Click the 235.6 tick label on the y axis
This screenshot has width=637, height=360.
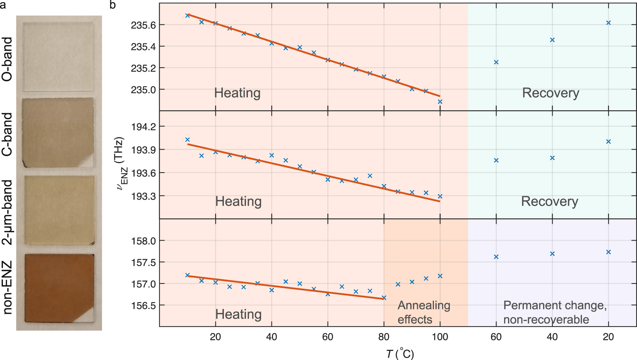pyautogui.click(x=143, y=25)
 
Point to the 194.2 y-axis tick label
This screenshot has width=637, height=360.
pyautogui.click(x=143, y=127)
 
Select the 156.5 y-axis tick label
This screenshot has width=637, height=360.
pyautogui.click(x=143, y=305)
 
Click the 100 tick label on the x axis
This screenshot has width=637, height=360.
pyautogui.click(x=440, y=337)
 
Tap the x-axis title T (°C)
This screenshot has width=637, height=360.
pyautogui.click(x=400, y=353)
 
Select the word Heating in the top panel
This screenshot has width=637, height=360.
pyautogui.click(x=237, y=93)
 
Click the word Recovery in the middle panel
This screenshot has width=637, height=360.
pyautogui.click(x=550, y=201)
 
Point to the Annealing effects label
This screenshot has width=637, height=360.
pyautogui.click(x=424, y=312)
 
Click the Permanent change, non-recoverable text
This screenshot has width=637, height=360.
pyautogui.click(x=555, y=312)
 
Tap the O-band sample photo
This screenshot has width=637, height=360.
pyautogui.click(x=58, y=57)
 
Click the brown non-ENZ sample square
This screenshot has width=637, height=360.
pyautogui.click(x=59, y=288)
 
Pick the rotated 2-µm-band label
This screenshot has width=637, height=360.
pyautogui.click(x=7, y=212)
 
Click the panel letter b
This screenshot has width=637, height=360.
pyautogui.click(x=112, y=5)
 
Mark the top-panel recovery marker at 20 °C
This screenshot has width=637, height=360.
pyautogui.click(x=608, y=23)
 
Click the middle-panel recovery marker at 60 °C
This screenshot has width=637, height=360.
pyautogui.click(x=496, y=160)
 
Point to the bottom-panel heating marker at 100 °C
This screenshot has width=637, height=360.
pyautogui.click(x=440, y=276)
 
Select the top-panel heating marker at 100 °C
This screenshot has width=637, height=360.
pyautogui.click(x=440, y=102)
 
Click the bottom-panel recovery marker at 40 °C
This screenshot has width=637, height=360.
pyautogui.click(x=552, y=254)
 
